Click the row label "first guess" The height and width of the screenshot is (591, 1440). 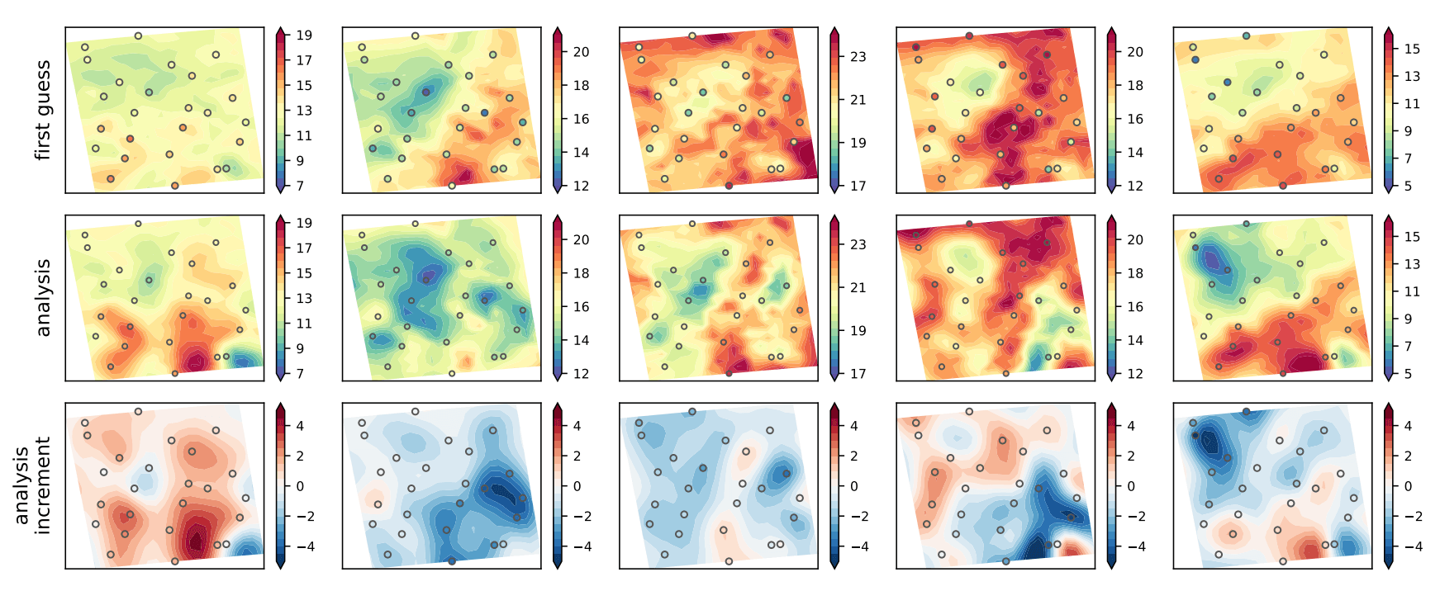[43, 110]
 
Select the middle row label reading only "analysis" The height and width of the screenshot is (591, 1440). [43, 298]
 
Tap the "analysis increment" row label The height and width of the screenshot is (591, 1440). [32, 485]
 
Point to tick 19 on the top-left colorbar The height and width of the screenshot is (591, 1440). [304, 35]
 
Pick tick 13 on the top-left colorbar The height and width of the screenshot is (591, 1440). [304, 111]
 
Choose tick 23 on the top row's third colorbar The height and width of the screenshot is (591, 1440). [858, 57]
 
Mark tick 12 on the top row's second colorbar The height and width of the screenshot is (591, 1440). [581, 186]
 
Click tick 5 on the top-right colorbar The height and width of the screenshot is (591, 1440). [1408, 186]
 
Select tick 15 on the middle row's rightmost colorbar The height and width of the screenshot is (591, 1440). [1412, 236]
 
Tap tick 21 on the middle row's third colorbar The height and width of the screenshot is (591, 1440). [858, 287]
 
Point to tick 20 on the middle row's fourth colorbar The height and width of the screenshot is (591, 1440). [1135, 239]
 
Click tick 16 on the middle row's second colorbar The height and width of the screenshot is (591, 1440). [581, 306]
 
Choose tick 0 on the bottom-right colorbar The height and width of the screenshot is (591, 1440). [1408, 486]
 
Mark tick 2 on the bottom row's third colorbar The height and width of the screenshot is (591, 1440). [853, 456]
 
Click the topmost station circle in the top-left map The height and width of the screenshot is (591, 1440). [138, 36]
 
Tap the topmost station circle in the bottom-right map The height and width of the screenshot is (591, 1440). [1246, 411]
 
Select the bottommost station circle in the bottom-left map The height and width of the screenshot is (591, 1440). [175, 561]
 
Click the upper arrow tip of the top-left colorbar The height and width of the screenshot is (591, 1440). [281, 29]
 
